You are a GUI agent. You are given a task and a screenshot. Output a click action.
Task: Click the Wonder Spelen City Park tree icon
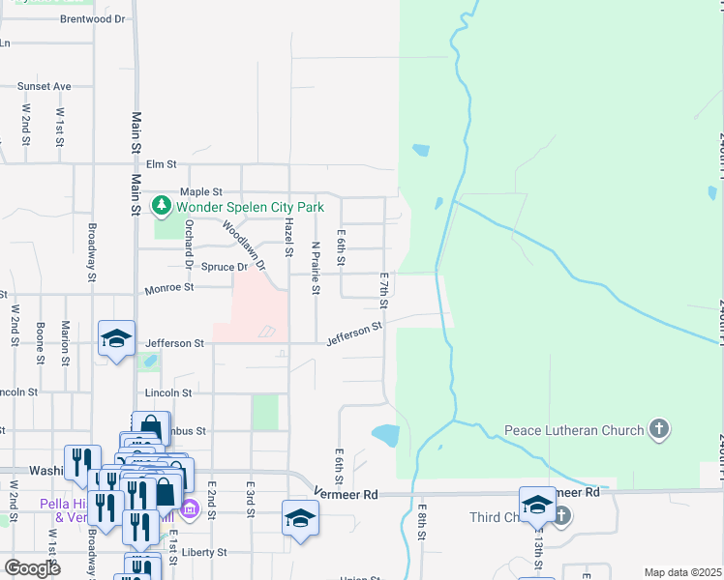coord(162,206)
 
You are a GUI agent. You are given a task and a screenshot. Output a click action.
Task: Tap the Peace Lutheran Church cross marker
coord(658,429)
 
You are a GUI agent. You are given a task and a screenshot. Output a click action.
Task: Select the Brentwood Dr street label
coord(93,18)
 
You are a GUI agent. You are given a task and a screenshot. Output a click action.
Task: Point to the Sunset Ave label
coord(45,86)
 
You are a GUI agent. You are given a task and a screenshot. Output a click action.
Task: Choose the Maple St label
coord(201,191)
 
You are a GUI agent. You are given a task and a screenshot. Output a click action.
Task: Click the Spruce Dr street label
coord(225,266)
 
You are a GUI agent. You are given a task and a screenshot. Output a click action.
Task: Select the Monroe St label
coord(168,287)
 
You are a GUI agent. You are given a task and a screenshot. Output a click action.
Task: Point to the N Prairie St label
coord(316,268)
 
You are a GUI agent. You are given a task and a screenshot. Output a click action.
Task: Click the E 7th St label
coord(384,291)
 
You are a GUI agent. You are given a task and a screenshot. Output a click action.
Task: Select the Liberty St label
coord(206,552)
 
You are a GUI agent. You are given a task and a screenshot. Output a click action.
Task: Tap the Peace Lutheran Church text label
coord(575,429)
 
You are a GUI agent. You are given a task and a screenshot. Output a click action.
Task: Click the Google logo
coord(33,567)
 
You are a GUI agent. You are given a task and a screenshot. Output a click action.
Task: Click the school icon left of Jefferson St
coord(116,339)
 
